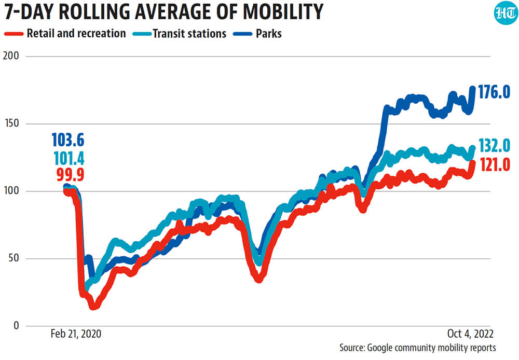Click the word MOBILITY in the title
pyautogui.click(x=273, y=12)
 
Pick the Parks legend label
pyautogui.click(x=268, y=34)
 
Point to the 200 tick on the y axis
pyautogui.click(x=12, y=56)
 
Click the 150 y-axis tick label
pyautogui.click(x=12, y=123)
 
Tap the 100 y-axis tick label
pyautogui.click(x=12, y=191)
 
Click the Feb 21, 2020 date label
pyautogui.click(x=76, y=334)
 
